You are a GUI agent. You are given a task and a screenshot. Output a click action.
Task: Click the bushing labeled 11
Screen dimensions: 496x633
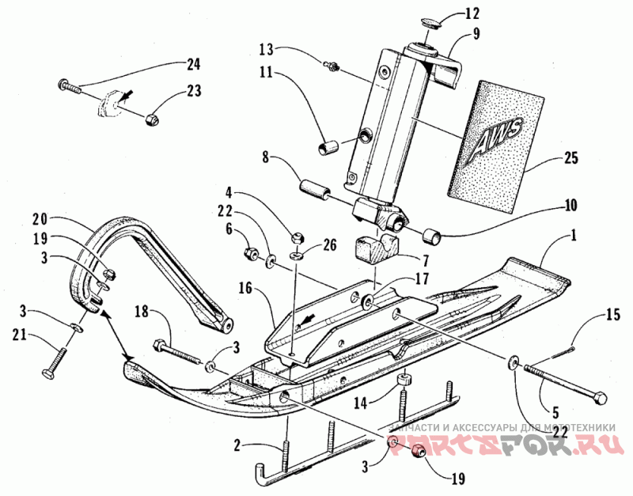(x=328, y=148)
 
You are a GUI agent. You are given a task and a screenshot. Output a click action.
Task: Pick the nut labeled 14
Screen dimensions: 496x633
(x=403, y=382)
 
